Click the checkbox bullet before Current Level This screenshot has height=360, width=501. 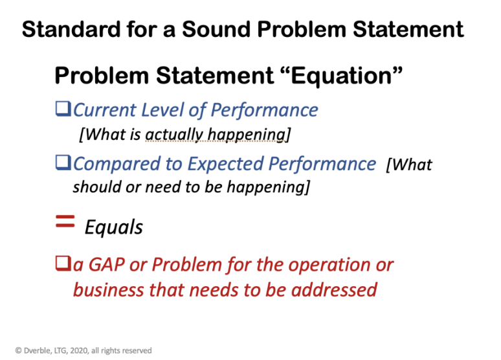[63, 110]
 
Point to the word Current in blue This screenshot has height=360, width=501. [102, 110]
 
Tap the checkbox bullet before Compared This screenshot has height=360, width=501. [63, 164]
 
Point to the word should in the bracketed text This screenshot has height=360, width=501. [94, 188]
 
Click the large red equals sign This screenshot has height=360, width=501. [63, 223]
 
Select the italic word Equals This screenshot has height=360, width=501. [114, 227]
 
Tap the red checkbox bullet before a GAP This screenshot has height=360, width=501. [63, 265]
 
